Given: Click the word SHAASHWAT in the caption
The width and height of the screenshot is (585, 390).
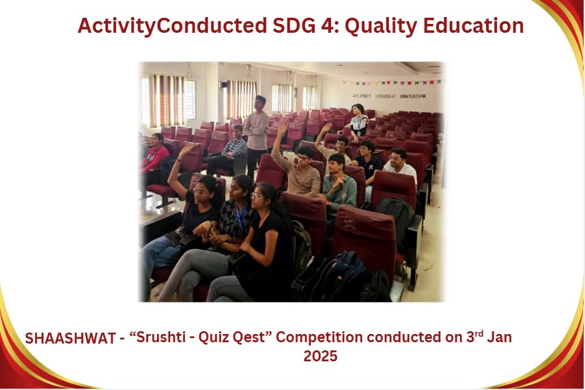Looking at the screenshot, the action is tap(70, 338).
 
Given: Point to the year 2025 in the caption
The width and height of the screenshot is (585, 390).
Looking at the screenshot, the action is tap(320, 356).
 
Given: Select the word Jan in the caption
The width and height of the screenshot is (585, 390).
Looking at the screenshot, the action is tap(499, 337).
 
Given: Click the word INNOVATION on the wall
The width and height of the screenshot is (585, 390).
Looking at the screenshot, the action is tap(412, 96).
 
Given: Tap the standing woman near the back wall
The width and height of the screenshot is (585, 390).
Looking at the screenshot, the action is tap(358, 122).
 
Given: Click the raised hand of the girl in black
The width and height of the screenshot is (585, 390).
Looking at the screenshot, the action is tap(186, 150).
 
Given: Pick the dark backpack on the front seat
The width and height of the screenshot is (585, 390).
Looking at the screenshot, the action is tap(339, 277).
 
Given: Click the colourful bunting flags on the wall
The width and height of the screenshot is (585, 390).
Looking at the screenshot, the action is tap(392, 82).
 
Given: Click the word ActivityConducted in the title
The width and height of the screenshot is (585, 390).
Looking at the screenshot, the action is tap(172, 26).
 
